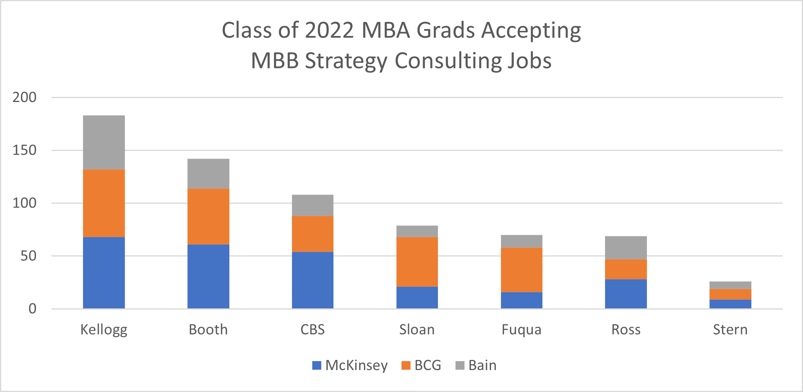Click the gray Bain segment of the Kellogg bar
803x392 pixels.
(104, 142)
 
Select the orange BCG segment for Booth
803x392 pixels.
(208, 217)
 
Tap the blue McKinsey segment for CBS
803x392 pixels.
(312, 280)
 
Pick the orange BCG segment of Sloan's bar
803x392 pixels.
(417, 262)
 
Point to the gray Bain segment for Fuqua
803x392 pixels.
(521, 241)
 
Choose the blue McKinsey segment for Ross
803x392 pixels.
(626, 294)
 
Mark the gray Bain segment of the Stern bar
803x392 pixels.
(730, 285)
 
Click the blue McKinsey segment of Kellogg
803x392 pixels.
(104, 272)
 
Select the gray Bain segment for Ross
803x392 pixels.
(626, 248)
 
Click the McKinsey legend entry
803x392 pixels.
(350, 365)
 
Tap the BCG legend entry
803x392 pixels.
(421, 365)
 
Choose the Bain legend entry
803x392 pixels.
(476, 365)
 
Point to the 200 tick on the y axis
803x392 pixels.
(24, 97)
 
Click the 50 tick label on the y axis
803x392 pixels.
(28, 256)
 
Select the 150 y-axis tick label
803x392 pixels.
(24, 150)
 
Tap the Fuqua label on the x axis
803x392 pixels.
(521, 330)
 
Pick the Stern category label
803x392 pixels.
(730, 330)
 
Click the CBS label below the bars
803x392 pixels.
(312, 330)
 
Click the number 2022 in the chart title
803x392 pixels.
(329, 30)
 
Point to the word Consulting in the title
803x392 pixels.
(448, 61)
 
